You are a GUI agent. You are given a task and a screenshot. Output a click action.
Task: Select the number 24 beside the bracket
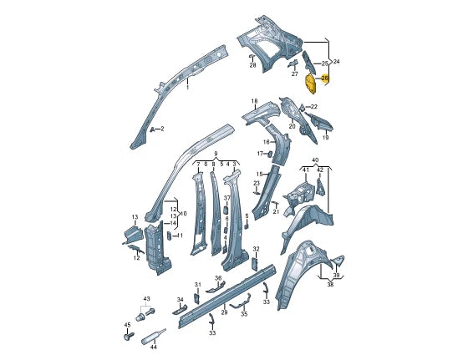tap(336, 62)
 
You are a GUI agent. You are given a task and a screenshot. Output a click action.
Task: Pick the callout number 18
tap(254, 102)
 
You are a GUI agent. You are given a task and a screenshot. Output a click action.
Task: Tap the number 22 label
tap(313, 107)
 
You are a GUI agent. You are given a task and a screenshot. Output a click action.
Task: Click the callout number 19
tap(325, 137)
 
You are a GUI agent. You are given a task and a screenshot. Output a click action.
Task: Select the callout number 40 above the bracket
tap(314, 160)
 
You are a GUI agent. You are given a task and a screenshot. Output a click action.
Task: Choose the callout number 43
tap(146, 298)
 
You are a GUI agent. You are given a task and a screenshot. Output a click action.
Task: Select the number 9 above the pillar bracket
tap(215, 154)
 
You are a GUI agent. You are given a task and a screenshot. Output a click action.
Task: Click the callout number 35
tap(244, 314)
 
